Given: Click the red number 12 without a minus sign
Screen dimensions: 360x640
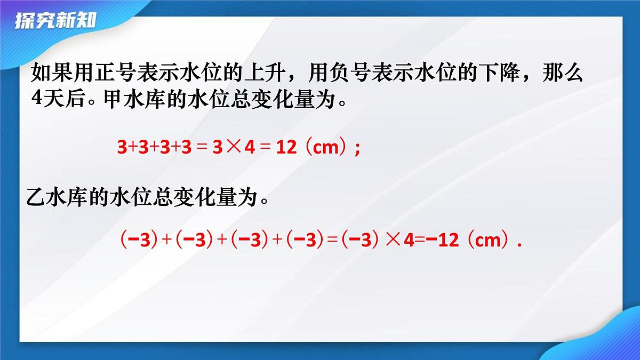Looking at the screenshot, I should [x=286, y=148].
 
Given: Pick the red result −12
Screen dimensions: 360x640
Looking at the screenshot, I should [x=441, y=241].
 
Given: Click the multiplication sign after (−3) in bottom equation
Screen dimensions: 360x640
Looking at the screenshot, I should [x=393, y=241].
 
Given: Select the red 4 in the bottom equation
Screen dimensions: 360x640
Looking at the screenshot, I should [x=409, y=241].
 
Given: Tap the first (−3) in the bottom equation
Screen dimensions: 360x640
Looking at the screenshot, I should [x=138, y=241].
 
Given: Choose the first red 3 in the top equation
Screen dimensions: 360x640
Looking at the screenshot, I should [x=122, y=148].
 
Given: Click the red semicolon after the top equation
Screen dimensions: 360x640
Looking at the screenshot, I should [x=357, y=149].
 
